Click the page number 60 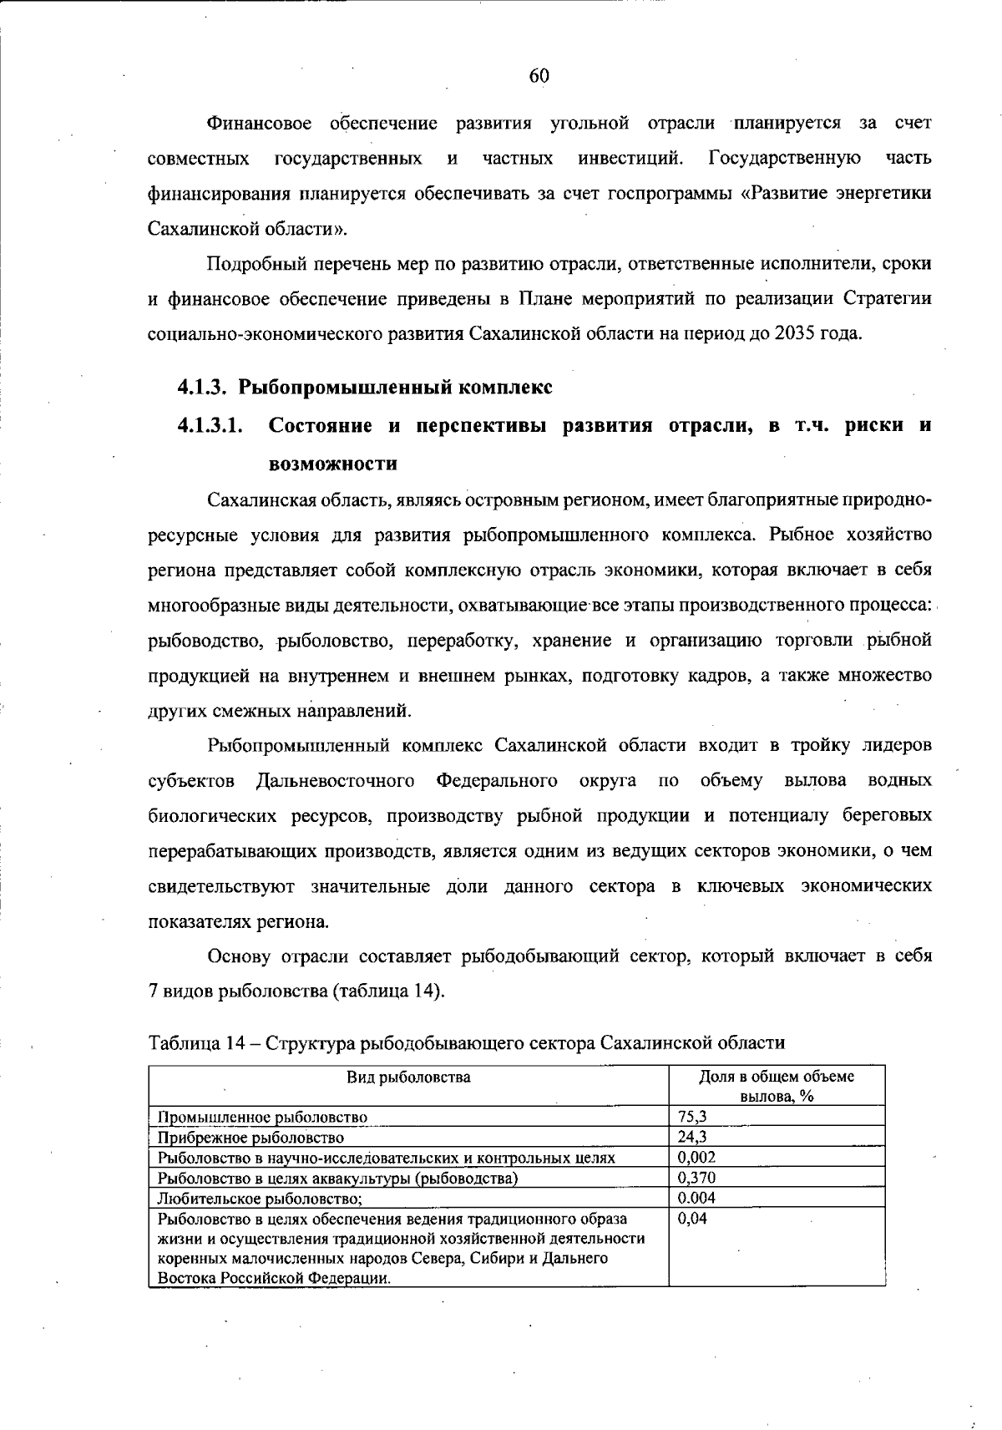click(x=539, y=76)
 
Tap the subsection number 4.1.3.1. click(x=210, y=425)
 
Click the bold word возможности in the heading click(x=332, y=463)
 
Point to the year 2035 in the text click(x=794, y=333)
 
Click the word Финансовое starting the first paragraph click(x=260, y=124)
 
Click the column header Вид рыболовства click(x=408, y=1077)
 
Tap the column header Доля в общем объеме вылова click(x=777, y=1086)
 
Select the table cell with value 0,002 click(x=696, y=1157)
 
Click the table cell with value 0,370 click(x=696, y=1178)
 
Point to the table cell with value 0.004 click(x=696, y=1198)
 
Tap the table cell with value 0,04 click(x=692, y=1219)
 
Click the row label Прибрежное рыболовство click(x=250, y=1138)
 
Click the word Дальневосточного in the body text click(x=336, y=781)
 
